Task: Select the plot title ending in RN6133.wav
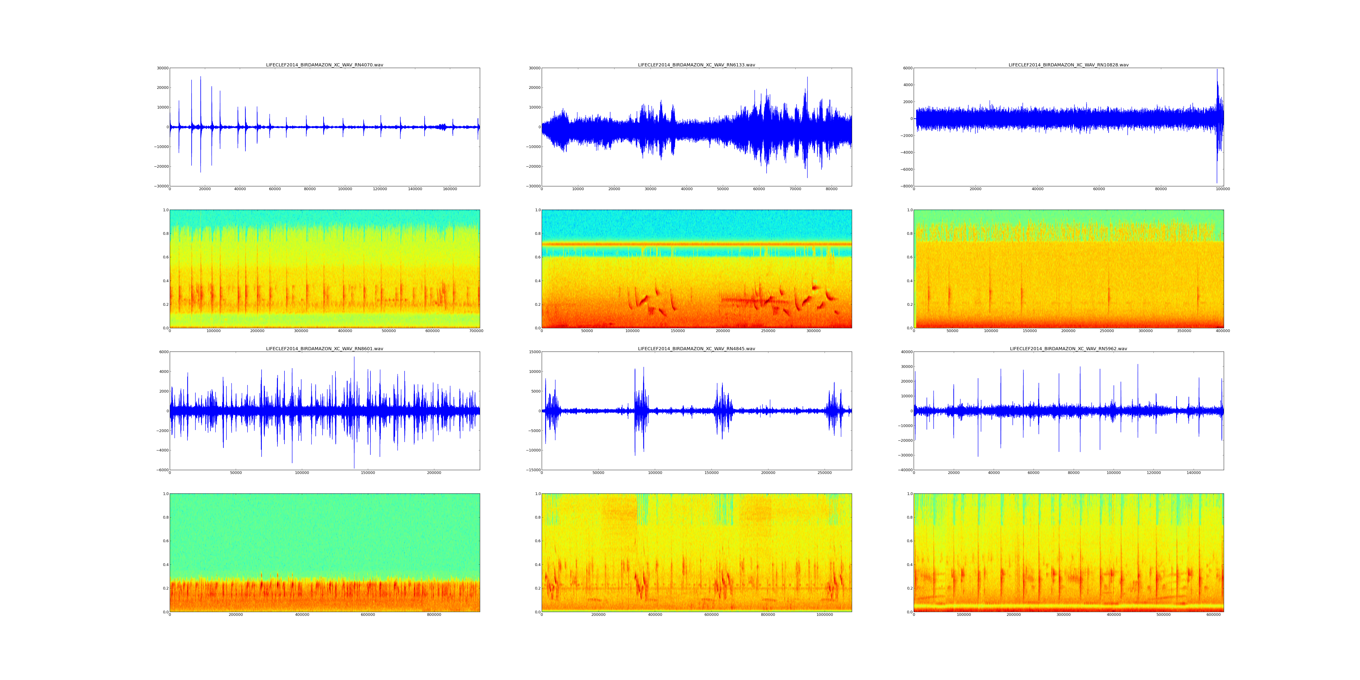[x=696, y=65]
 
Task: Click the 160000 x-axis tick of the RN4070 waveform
[x=450, y=189]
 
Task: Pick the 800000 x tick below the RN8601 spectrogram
[x=434, y=614]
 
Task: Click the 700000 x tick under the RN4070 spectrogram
[x=476, y=331]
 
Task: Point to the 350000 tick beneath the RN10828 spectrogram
[x=1184, y=331]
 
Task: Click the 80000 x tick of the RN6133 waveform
[x=831, y=189]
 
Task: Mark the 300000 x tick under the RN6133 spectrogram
[x=814, y=331]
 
